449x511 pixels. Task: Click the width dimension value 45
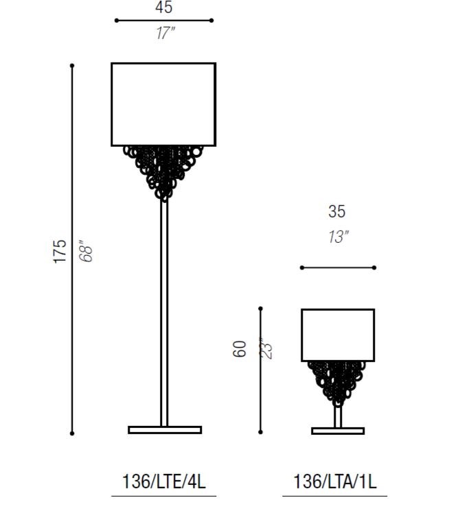(164, 7)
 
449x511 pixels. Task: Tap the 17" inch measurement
(165, 33)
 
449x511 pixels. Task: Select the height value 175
(60, 251)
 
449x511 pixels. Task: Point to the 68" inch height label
(86, 251)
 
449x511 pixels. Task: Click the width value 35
(336, 211)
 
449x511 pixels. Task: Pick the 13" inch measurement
(338, 237)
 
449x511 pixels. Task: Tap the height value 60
(240, 349)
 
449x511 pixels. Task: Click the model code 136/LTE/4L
(164, 482)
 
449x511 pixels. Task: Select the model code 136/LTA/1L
(335, 482)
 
